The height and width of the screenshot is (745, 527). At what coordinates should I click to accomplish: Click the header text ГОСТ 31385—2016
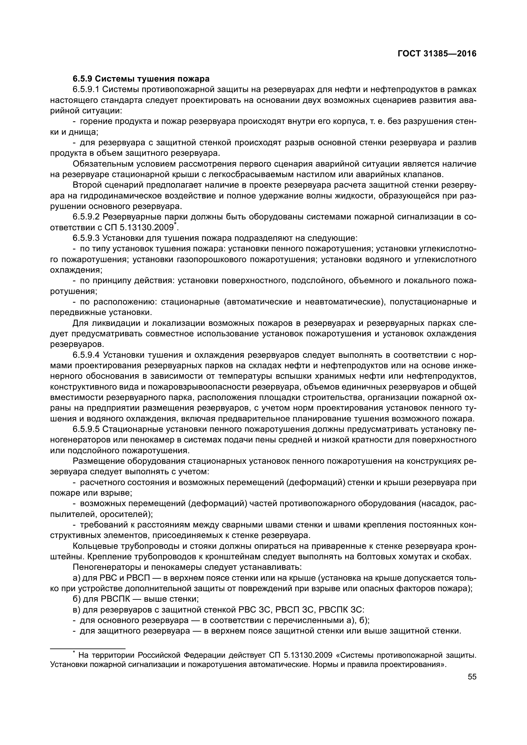tap(437, 54)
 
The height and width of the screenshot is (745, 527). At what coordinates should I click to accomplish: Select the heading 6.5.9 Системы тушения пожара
tap(141, 79)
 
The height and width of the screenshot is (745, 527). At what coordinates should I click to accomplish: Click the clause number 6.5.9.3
tap(86, 238)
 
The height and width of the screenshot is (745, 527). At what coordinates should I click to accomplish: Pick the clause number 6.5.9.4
tap(86, 355)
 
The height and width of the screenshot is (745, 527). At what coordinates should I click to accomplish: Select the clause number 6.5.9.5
tap(86, 429)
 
